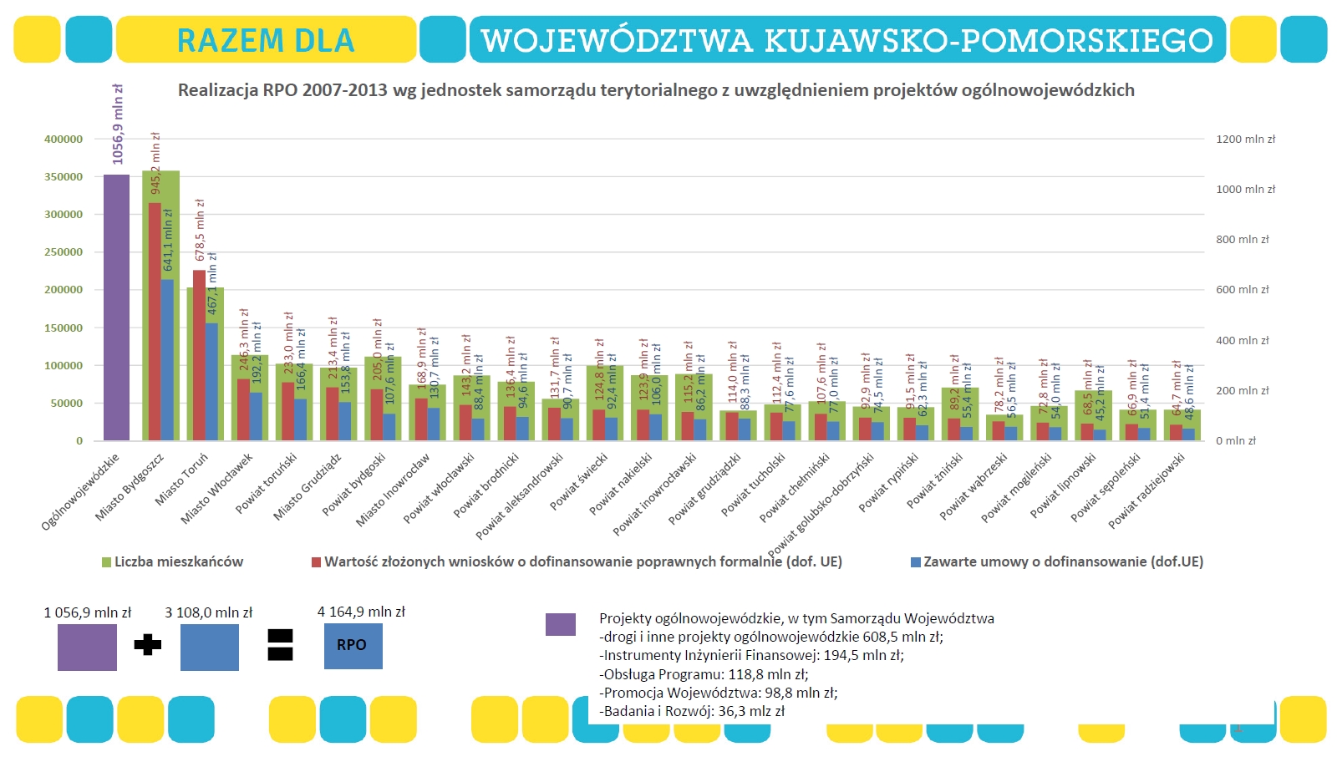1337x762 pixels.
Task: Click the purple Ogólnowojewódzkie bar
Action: click(x=117, y=309)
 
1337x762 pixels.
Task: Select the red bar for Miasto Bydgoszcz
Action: click(x=155, y=322)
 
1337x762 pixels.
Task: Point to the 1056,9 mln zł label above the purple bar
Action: click(x=118, y=124)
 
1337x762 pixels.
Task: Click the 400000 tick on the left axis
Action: click(x=64, y=140)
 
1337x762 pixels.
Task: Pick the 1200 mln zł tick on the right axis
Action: click(x=1245, y=140)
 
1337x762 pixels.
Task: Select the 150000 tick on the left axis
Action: click(x=64, y=328)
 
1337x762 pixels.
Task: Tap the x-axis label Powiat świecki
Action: click(x=578, y=482)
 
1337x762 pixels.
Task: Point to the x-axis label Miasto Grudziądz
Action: click(x=307, y=488)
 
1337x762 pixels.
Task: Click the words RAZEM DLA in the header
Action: click(x=266, y=40)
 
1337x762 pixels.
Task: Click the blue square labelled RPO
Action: click(x=353, y=645)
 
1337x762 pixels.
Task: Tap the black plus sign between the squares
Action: click(x=148, y=645)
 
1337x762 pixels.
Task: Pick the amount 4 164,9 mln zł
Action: click(x=361, y=612)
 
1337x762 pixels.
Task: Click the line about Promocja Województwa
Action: click(x=719, y=693)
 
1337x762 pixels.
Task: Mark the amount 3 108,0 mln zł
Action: click(x=208, y=612)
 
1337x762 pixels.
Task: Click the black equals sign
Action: click(x=280, y=645)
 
